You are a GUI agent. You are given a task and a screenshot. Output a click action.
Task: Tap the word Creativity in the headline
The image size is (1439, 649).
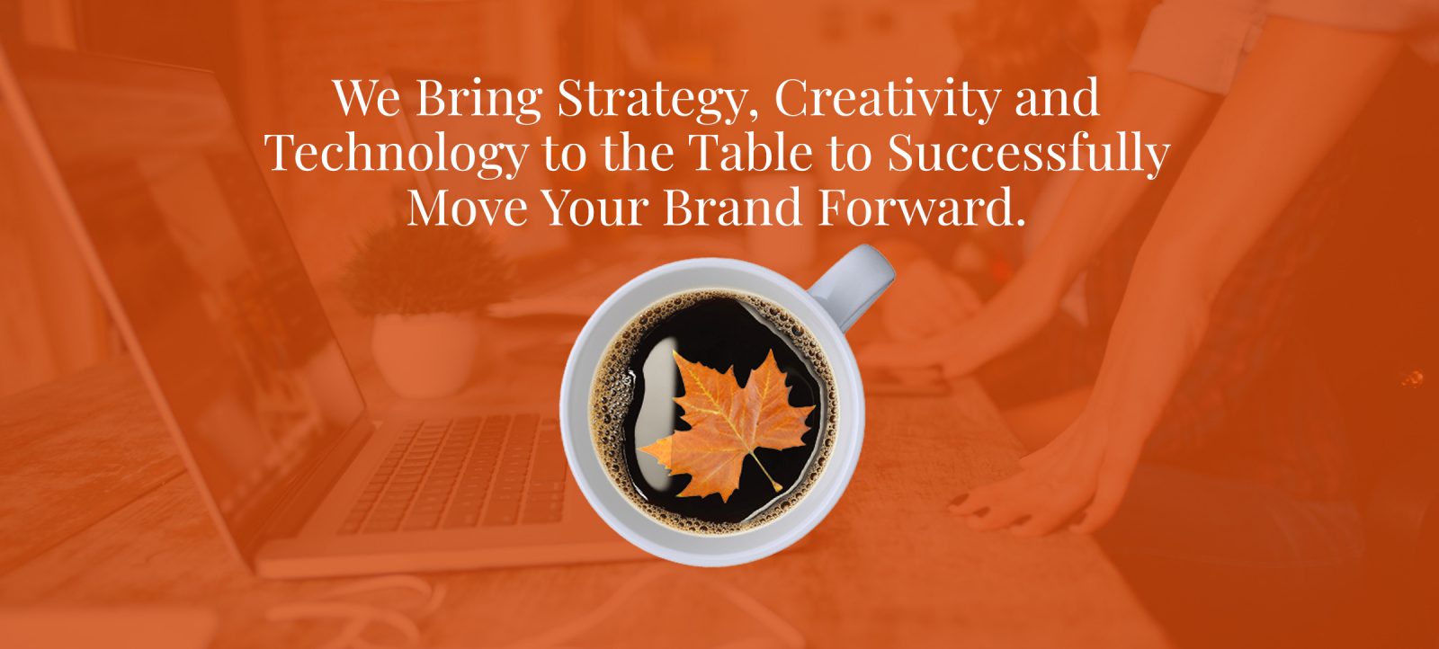coord(887,100)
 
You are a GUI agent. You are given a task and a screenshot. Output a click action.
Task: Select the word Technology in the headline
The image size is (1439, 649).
coord(397,155)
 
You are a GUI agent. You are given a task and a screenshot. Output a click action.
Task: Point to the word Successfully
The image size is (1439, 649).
coord(1028,155)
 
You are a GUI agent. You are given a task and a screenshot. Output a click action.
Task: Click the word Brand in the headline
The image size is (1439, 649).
coord(732,207)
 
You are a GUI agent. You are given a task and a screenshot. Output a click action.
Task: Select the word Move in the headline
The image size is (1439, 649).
coord(468,208)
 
